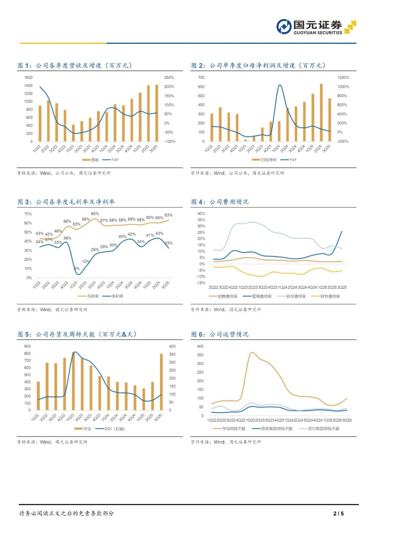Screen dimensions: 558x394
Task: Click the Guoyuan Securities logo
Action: click(316, 27)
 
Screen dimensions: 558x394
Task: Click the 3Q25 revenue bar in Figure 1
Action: click(157, 113)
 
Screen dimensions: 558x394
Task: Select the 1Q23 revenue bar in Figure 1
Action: click(73, 133)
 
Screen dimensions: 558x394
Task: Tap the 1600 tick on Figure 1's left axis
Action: click(28, 77)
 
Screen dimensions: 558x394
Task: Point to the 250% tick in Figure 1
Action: click(169, 77)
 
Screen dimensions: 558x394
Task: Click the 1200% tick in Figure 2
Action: click(343, 77)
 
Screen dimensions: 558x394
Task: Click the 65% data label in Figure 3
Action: click(95, 214)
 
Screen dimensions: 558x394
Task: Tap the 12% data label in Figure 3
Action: click(85, 261)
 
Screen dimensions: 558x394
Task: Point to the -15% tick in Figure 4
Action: click(201, 283)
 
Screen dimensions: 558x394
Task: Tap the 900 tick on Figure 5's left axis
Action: click(27, 346)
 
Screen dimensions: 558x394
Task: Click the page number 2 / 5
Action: click(339, 513)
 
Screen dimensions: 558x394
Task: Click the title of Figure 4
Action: click(220, 202)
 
